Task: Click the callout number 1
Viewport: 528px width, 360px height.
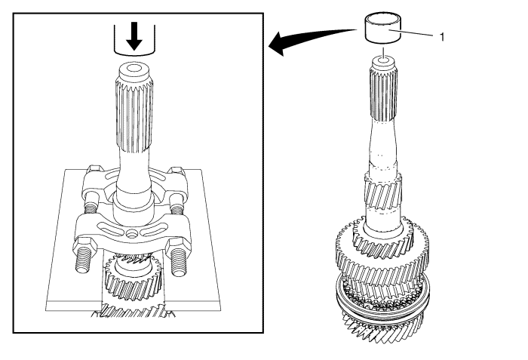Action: [442, 37]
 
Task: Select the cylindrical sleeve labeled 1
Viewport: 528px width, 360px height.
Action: [383, 28]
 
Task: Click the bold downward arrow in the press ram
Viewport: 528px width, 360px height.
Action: [134, 36]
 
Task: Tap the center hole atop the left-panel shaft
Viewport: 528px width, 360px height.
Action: [134, 69]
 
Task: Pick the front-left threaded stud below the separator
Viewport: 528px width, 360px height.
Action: [83, 262]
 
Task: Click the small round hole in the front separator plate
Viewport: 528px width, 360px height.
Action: [131, 232]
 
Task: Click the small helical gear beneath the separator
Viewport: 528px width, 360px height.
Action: [133, 278]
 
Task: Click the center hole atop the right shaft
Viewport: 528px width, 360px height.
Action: [383, 61]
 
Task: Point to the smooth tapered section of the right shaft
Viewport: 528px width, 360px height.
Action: [383, 145]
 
